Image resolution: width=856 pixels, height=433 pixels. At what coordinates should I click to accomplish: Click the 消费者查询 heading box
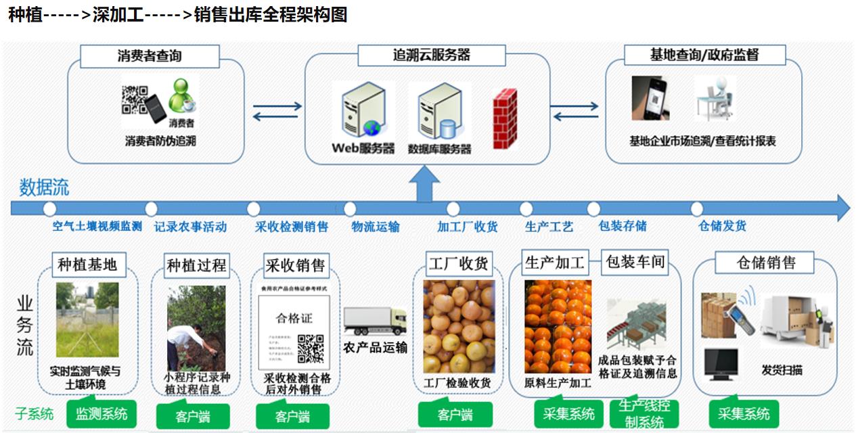point(150,56)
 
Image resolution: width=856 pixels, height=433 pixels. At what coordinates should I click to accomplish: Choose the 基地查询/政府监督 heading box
point(704,55)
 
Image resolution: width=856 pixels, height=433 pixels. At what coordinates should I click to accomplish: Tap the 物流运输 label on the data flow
point(376,227)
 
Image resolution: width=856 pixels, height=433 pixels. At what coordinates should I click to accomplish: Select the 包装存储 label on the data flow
point(623,226)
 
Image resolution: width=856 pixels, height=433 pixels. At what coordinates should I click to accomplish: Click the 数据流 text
point(43,187)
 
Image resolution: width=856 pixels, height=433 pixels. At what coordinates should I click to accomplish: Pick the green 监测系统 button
point(101,413)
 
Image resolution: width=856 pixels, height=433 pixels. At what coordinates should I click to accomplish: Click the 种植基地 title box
point(87,265)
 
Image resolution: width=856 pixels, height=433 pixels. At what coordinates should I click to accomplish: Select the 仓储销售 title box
point(765,263)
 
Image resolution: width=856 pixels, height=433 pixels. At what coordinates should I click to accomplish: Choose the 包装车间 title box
point(635,262)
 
